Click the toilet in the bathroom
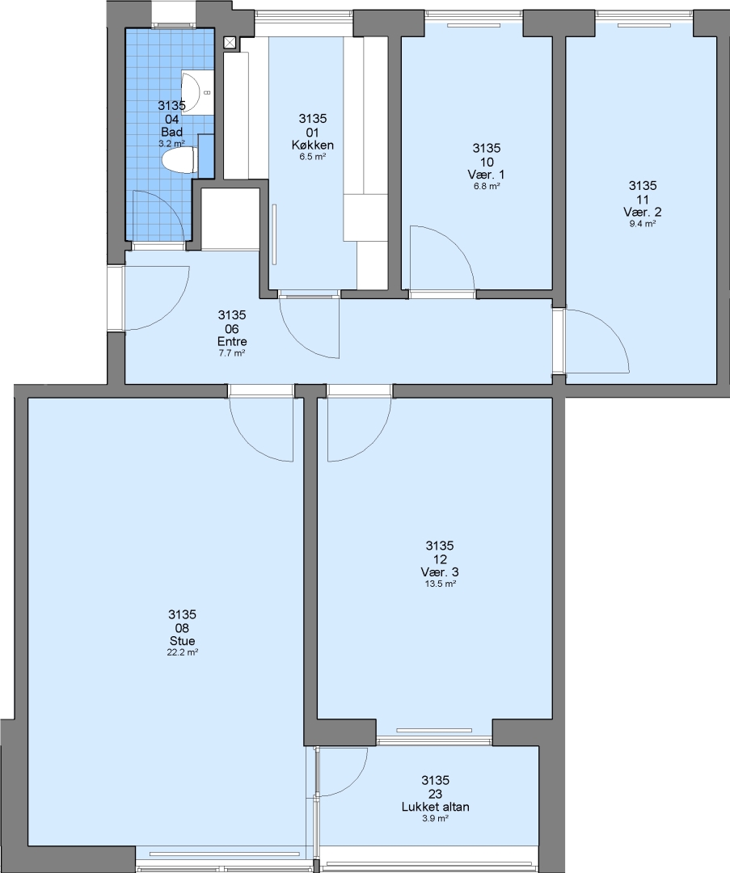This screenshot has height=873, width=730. coord(179,160)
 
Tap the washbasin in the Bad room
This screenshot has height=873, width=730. coord(197,92)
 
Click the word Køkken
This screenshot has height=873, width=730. coord(312,145)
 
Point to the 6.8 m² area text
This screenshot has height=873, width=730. coord(487,187)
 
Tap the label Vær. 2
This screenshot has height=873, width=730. coord(643,212)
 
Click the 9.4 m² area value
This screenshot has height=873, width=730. coord(643,224)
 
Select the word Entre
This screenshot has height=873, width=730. coord(232,342)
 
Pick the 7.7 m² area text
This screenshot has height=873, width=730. coord(232,353)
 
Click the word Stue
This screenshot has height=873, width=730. coord(182,641)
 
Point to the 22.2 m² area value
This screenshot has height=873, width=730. coord(183,653)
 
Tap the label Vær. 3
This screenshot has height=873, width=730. coord(440,572)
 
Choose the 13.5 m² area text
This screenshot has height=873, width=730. coord(440,584)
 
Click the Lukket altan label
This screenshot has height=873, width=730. coord(436,807)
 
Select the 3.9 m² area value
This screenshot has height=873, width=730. coord(436,818)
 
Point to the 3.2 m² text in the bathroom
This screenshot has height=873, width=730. coord(171,144)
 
